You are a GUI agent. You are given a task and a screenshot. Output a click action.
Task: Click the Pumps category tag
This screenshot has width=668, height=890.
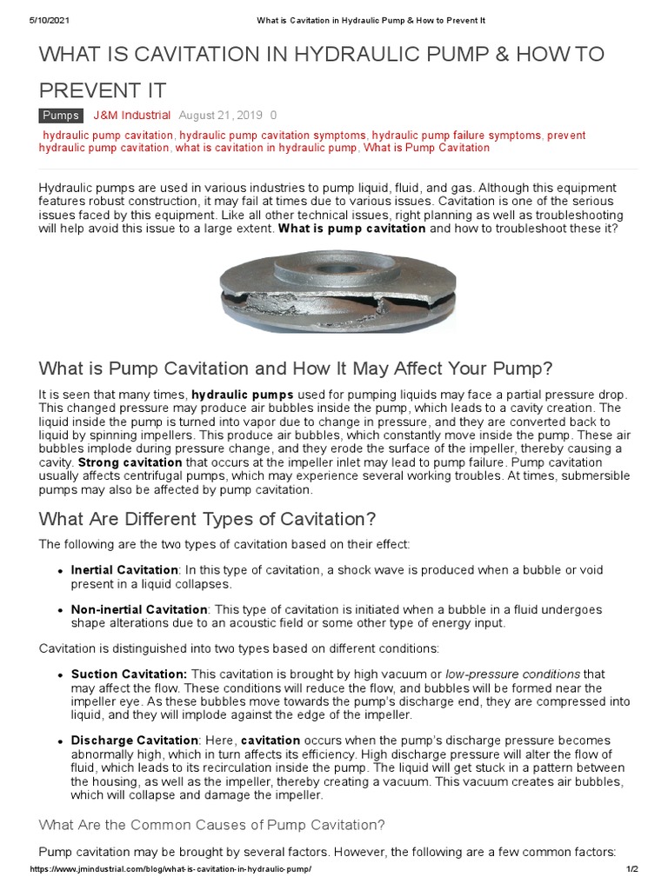[61, 116]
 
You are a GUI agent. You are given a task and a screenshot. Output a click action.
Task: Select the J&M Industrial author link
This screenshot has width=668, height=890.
[132, 116]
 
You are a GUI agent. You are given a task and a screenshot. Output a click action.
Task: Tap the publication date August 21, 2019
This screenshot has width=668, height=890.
[221, 116]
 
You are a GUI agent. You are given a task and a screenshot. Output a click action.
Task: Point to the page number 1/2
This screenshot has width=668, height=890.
[631, 869]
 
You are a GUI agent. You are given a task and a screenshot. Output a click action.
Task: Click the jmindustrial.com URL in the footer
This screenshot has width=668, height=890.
[170, 869]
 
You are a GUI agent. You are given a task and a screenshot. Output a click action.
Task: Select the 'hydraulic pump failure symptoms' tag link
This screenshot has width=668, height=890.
[458, 136]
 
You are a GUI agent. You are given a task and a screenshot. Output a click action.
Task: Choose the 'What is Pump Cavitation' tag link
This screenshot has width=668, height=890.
[426, 148]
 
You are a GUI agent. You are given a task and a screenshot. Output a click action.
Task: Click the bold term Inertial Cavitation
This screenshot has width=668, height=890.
[124, 570]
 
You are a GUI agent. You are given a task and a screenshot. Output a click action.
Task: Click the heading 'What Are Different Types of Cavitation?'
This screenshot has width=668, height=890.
[208, 519]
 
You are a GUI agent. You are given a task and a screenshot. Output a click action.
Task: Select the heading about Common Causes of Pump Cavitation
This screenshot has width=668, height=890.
[212, 824]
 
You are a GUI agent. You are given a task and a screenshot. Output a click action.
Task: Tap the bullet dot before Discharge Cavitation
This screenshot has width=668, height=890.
[59, 741]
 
